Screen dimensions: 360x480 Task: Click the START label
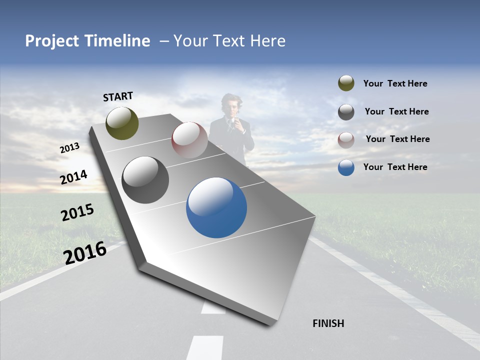click(x=118, y=96)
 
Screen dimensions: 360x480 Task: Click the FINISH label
click(x=328, y=323)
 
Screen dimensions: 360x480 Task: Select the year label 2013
click(x=70, y=148)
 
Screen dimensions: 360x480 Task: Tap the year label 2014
click(x=74, y=177)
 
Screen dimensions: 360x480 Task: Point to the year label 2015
click(x=77, y=212)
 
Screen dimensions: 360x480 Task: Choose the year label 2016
click(x=85, y=252)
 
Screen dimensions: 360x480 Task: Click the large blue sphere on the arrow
click(x=216, y=207)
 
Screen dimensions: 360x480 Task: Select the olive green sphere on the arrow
click(x=122, y=123)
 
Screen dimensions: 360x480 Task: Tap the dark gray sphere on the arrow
click(x=145, y=180)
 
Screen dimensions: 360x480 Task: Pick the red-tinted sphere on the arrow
click(x=189, y=140)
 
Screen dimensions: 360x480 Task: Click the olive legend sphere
click(x=346, y=83)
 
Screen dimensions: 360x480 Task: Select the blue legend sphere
click(x=346, y=167)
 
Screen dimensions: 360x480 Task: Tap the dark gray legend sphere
click(x=346, y=112)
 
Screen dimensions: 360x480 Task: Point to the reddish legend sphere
click(x=346, y=140)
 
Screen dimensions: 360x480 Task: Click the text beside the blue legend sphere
click(x=395, y=167)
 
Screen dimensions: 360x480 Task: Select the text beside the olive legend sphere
click(x=395, y=83)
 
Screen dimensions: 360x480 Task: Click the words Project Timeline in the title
click(x=87, y=41)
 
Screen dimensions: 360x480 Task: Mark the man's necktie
click(x=231, y=127)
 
